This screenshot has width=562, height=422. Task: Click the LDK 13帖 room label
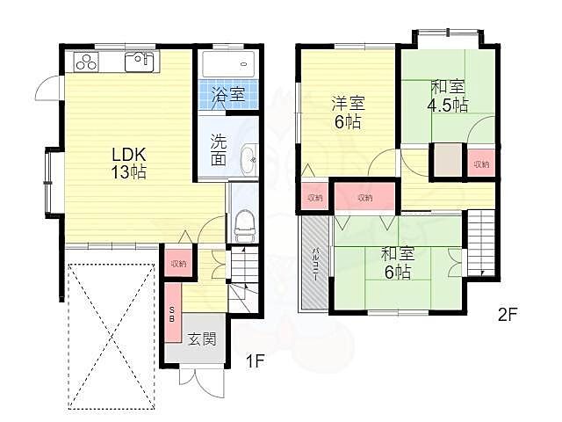(x=128, y=163)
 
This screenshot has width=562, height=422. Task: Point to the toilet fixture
(x=244, y=225)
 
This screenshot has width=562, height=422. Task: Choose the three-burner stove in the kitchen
(x=88, y=62)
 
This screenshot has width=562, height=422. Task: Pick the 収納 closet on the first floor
(x=178, y=263)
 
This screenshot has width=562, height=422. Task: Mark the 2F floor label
(x=508, y=313)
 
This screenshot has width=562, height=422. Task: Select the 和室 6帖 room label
(x=398, y=263)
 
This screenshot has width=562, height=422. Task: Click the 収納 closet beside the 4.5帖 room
(x=481, y=164)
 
